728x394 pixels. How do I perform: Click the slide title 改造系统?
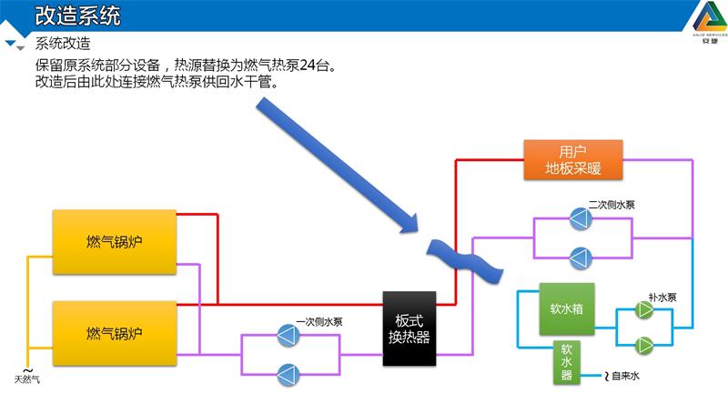76,15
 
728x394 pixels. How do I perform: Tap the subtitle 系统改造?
63,44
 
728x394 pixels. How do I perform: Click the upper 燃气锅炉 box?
114,241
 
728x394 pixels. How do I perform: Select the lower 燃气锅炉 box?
114,332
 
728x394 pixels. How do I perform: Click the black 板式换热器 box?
409,328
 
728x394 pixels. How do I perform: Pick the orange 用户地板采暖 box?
572,160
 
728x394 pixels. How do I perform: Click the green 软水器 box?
566,361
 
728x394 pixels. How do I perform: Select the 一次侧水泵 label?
319,321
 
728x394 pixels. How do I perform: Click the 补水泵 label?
662,297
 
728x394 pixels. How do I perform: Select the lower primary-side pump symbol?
289,372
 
